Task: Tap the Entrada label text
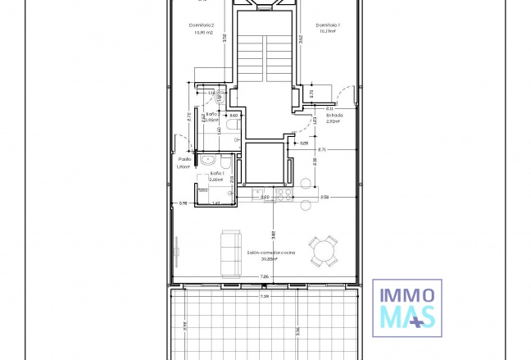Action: point(334,116)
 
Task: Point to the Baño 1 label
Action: point(216,173)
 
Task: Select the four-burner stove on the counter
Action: point(284,194)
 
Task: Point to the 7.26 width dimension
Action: point(264,277)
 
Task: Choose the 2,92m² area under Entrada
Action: point(333,121)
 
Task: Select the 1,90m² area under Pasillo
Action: point(184,167)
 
